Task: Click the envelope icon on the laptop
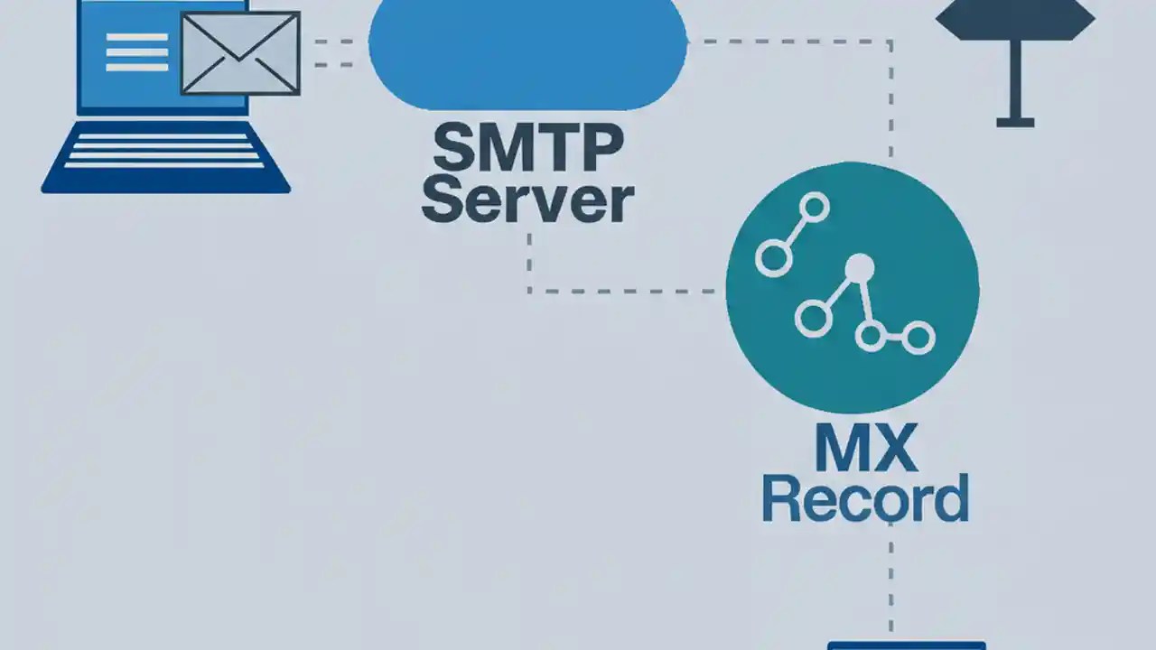pyautogui.click(x=240, y=53)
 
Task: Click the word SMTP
pyautogui.click(x=527, y=149)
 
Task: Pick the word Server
pyautogui.click(x=527, y=200)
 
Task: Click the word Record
pyautogui.click(x=864, y=500)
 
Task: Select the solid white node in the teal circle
pyautogui.click(x=859, y=267)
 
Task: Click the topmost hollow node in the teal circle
pyautogui.click(x=815, y=208)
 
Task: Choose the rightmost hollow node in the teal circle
pyautogui.click(x=918, y=338)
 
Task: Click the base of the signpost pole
pyautogui.click(x=1015, y=122)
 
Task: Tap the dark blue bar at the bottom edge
pyautogui.click(x=906, y=645)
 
